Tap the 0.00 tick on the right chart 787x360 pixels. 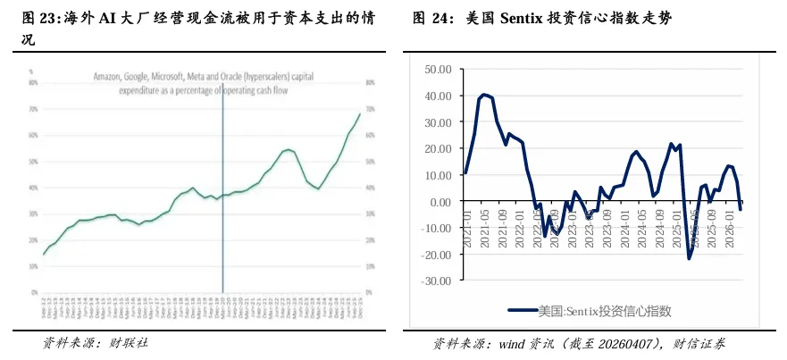tap(444, 202)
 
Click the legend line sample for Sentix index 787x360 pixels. tap(522, 311)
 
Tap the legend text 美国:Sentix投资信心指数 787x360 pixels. tap(604, 311)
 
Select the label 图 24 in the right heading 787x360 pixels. tap(432, 17)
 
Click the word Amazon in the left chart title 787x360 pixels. tap(110, 78)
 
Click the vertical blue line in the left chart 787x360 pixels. tap(222, 223)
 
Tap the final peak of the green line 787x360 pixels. tap(360, 113)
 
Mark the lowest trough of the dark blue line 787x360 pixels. tap(690, 259)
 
